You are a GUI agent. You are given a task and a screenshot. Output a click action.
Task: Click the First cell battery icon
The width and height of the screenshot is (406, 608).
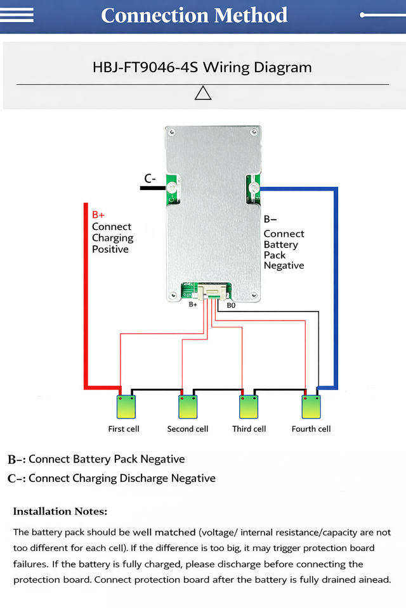pyautogui.click(x=126, y=407)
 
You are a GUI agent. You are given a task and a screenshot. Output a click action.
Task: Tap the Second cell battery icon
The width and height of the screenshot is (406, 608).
pyautogui.click(x=188, y=407)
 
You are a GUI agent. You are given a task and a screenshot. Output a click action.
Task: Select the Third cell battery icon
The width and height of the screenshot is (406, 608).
pyautogui.click(x=249, y=407)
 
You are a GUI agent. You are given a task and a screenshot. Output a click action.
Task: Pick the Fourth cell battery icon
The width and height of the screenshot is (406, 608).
pyautogui.click(x=311, y=407)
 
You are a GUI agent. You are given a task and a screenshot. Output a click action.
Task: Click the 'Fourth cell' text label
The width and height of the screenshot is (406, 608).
pyautogui.click(x=311, y=429)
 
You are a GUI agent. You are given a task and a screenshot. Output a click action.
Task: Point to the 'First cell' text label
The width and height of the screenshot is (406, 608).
pyautogui.click(x=124, y=429)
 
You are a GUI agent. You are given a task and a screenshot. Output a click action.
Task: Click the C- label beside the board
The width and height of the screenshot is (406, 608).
pyautogui.click(x=150, y=179)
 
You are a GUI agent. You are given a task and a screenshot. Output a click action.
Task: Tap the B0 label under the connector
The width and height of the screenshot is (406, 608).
pyautogui.click(x=231, y=305)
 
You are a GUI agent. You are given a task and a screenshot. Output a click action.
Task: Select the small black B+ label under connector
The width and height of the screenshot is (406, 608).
pyautogui.click(x=193, y=305)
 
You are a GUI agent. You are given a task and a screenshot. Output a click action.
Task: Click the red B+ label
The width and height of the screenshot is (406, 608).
pyautogui.click(x=98, y=215)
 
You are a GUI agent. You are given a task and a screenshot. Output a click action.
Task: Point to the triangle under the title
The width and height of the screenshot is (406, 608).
pyautogui.click(x=203, y=93)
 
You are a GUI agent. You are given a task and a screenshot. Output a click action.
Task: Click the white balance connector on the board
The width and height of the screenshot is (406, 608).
pyautogui.click(x=212, y=292)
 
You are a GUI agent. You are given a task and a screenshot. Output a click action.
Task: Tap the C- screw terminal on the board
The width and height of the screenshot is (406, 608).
pyautogui.click(x=173, y=189)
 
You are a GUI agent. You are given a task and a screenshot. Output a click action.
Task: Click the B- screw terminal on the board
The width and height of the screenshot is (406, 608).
pyautogui.click(x=254, y=189)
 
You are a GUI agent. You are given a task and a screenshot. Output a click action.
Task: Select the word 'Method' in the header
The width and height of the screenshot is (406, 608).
pyautogui.click(x=251, y=15)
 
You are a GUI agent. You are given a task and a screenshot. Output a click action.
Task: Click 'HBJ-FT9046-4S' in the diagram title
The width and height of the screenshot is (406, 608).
pyautogui.click(x=145, y=68)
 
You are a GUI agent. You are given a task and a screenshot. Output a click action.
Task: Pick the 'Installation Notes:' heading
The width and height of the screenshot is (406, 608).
pyautogui.click(x=60, y=512)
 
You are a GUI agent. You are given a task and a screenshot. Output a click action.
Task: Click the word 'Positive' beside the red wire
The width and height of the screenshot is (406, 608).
pyautogui.click(x=110, y=249)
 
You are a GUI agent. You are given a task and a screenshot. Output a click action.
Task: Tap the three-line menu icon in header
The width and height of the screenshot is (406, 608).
pyautogui.click(x=16, y=15)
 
